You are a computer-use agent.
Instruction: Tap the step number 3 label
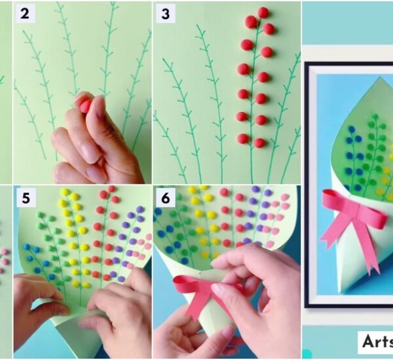pyautogui.click(x=165, y=13)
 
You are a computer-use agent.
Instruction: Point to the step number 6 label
pyautogui.click(x=165, y=198)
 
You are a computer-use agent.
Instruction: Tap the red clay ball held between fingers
pyautogui.click(x=85, y=104)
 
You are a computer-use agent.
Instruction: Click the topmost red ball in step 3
pyautogui.click(x=263, y=12)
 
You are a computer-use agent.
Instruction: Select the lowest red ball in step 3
pyautogui.click(x=259, y=142)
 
